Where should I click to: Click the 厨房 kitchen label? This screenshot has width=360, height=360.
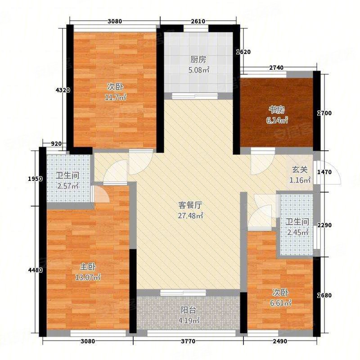pyautogui.click(x=198, y=59)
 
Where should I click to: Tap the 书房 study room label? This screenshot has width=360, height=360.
pyautogui.click(x=277, y=109)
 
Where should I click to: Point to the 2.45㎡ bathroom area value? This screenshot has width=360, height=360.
pyautogui.click(x=298, y=232)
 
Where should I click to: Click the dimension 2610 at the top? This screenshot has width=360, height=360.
pyautogui.click(x=198, y=21)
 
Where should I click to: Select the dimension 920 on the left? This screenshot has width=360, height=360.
pyautogui.click(x=56, y=144)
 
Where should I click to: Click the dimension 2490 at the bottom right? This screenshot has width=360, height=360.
pyautogui.click(x=279, y=342)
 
